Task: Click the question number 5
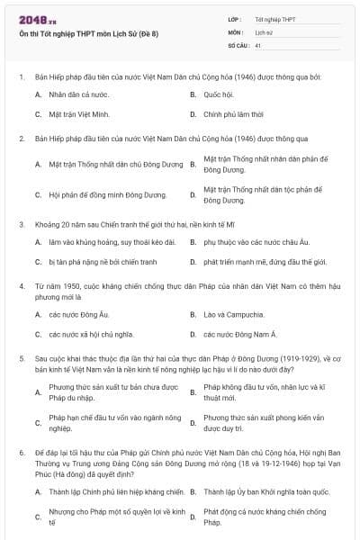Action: point(21,357)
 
